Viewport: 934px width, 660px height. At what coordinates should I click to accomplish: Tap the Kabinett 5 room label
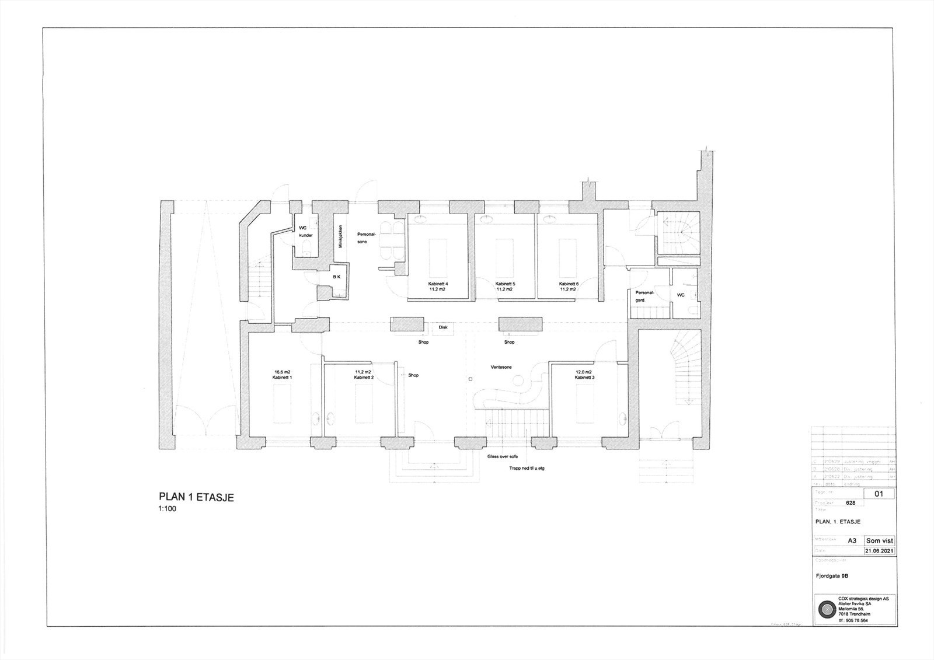point(504,284)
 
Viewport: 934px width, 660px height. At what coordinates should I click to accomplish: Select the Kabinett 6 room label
point(568,284)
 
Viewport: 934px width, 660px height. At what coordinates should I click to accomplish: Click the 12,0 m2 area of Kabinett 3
point(583,372)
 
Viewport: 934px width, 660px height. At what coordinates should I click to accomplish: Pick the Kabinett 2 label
point(364,378)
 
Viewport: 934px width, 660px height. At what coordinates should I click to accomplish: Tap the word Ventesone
point(501,368)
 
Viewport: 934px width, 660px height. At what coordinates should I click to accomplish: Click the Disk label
point(443,327)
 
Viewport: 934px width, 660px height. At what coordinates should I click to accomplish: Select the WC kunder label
point(306,231)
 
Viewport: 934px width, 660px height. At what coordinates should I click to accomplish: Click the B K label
point(337,277)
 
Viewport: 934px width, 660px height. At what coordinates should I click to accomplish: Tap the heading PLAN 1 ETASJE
point(196,497)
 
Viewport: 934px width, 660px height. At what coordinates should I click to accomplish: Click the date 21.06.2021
point(879,551)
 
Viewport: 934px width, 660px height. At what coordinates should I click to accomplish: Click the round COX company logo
point(826,610)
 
